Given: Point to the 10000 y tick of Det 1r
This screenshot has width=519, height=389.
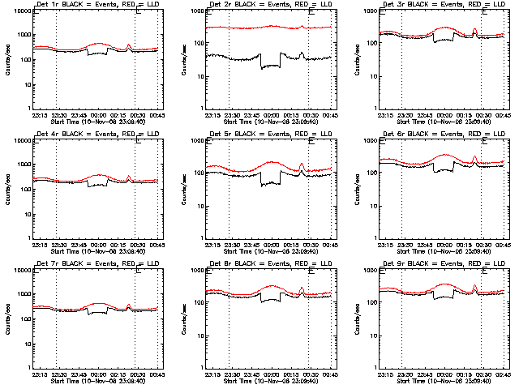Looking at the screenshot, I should click(x=19, y=12).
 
